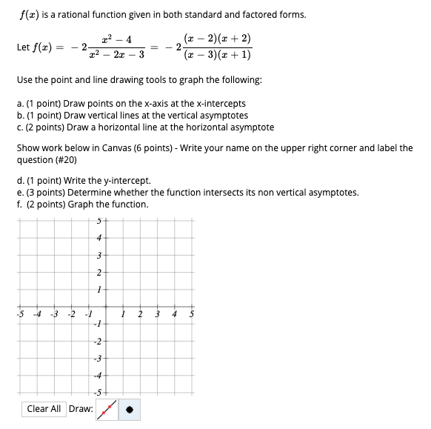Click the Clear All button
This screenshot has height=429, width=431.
click(x=44, y=408)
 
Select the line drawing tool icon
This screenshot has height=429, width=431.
click(x=107, y=408)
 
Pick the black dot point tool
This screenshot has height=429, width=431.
click(x=129, y=408)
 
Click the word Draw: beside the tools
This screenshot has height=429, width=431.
click(x=81, y=408)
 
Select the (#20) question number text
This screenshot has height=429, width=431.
click(x=62, y=159)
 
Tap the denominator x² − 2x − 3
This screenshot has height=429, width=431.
click(x=116, y=55)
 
